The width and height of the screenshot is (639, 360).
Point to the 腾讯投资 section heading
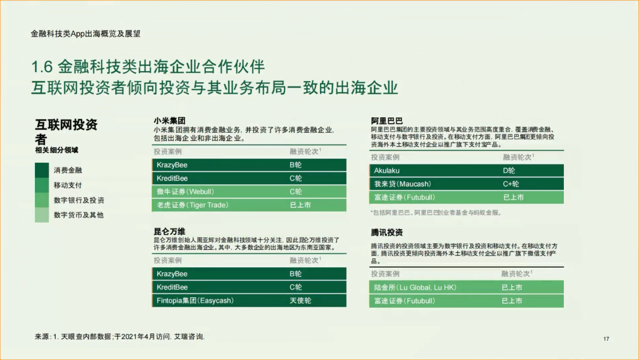pyautogui.click(x=387, y=233)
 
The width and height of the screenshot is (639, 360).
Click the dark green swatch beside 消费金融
pyautogui.click(x=42, y=170)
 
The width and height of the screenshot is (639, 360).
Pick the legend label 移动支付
pyautogui.click(x=68, y=185)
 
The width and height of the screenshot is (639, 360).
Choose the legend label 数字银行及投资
pyautogui.click(x=79, y=200)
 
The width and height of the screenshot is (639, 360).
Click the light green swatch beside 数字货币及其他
pyautogui.click(x=42, y=215)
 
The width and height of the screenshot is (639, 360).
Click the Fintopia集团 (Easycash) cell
pyautogui.click(x=195, y=300)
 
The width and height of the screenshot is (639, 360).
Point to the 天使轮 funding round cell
pyautogui.click(x=301, y=300)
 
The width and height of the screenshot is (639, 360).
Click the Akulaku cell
pyautogui.click(x=387, y=171)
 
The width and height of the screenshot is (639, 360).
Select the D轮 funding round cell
pyautogui.click(x=509, y=171)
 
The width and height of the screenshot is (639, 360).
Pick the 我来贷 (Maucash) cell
pyautogui.click(x=402, y=184)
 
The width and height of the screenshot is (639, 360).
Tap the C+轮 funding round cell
pyautogui.click(x=511, y=184)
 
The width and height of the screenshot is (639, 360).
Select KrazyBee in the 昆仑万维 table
pyautogui.click(x=172, y=274)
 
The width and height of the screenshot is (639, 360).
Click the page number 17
pyautogui.click(x=606, y=339)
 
